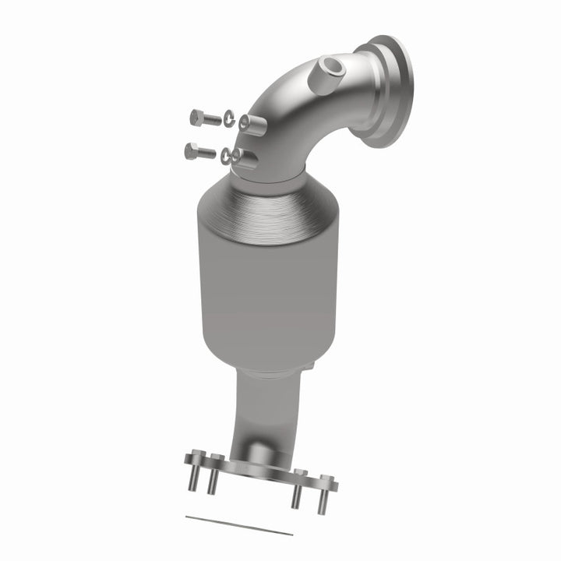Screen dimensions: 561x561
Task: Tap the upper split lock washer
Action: coord(229,118)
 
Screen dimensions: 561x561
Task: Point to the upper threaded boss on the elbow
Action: coord(249,122)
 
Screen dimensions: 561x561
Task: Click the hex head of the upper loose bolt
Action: coord(195,118)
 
